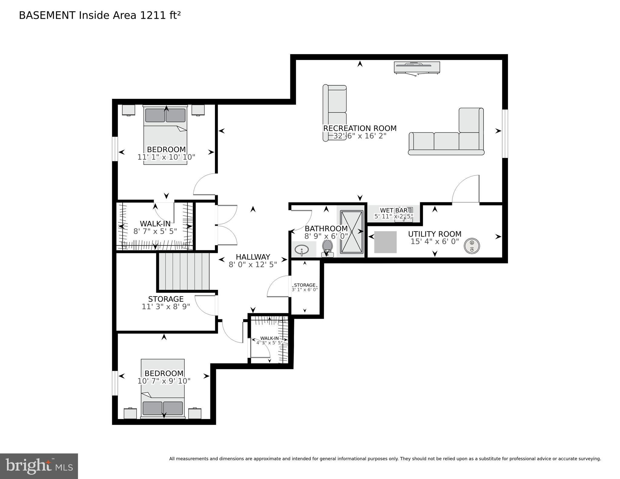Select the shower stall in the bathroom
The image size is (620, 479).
[351, 232]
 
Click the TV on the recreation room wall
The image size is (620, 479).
[417, 67]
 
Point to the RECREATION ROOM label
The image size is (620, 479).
[360, 128]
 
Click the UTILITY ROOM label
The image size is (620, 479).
[434, 234]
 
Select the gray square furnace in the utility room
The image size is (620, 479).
[385, 242]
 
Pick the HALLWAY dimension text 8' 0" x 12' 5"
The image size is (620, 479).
[253, 265]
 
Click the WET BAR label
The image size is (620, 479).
[394, 210]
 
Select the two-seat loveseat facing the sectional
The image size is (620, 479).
[335, 113]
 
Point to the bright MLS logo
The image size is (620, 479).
[39, 466]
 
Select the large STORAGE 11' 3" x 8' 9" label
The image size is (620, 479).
[166, 303]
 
